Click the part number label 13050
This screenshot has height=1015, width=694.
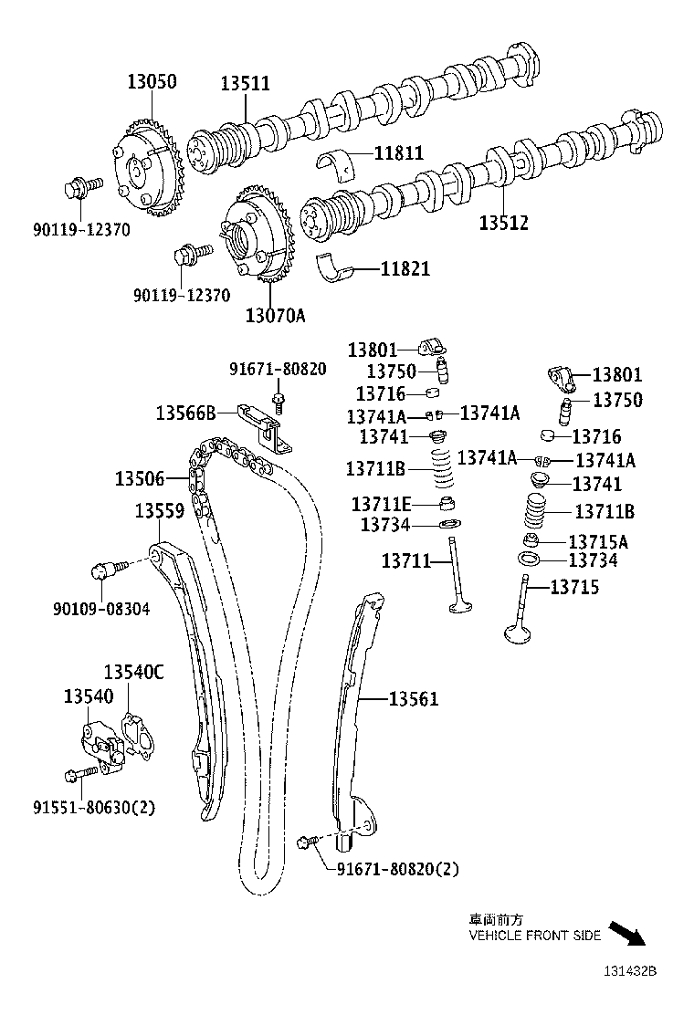click(152, 82)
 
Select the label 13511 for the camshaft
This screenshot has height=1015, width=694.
click(245, 84)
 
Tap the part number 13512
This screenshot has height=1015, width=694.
click(505, 222)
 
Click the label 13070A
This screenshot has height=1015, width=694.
click(274, 316)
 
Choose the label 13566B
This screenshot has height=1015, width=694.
click(185, 413)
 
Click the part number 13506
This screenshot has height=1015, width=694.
click(140, 478)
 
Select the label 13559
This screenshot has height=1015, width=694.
click(160, 512)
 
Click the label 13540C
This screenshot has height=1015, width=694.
click(133, 673)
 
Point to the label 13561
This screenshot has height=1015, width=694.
click(414, 699)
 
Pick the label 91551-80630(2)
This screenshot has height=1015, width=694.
click(95, 807)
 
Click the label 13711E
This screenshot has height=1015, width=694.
click(382, 504)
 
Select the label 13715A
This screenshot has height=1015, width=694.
click(598, 542)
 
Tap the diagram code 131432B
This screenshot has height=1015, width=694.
click(628, 971)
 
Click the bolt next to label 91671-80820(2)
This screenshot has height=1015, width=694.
click(308, 842)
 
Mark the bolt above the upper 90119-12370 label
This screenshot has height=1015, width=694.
click(77, 190)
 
